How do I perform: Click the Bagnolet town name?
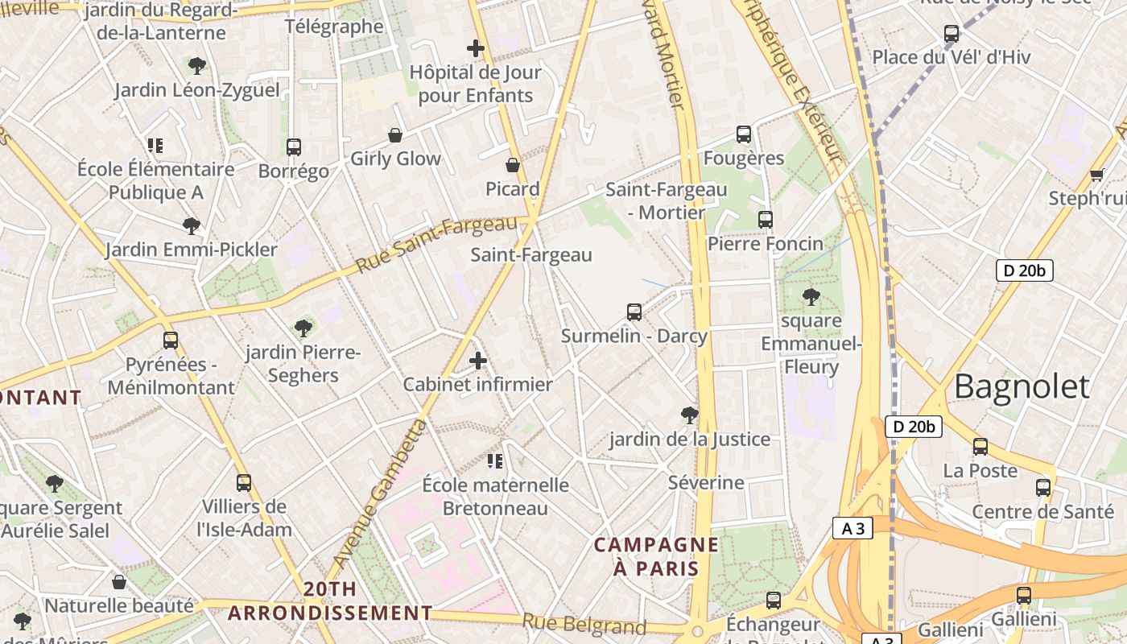pos(1022,387)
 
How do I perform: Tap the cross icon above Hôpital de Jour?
pos(476,48)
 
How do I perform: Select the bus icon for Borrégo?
pos(294,147)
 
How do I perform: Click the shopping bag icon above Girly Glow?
pos(395,135)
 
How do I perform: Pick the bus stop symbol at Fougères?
pos(744,134)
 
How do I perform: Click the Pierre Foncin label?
pos(766,243)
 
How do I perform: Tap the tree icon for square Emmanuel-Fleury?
pos(811,297)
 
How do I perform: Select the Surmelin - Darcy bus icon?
pos(634,312)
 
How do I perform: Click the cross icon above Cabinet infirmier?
pos(478,361)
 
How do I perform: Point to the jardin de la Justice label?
pos(690,440)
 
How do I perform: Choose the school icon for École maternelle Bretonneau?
pos(495,461)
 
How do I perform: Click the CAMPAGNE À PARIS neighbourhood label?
pos(656,556)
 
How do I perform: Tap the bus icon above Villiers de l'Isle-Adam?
pos(244,483)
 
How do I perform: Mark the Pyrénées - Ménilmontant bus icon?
pos(171,341)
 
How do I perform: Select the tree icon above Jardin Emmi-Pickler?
pos(191,226)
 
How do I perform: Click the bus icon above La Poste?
pos(980,447)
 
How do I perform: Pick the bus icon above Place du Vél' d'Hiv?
pos(952,34)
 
